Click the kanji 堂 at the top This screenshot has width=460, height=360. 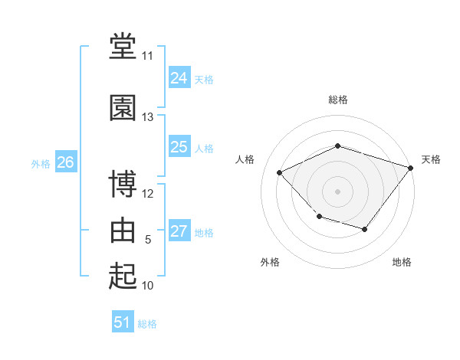tap(123, 46)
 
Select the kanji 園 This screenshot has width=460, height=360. tap(123, 107)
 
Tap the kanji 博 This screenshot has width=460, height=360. tap(123, 183)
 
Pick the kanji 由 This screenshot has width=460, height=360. tap(123, 230)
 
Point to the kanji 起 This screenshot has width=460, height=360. tap(123, 276)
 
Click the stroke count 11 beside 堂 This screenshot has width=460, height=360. tap(147, 56)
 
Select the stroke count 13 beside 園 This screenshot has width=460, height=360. tap(147, 117)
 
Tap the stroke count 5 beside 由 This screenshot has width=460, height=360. tap(148, 240)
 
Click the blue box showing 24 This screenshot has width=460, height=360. tap(179, 77)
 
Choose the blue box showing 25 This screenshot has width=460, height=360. tap(179, 146)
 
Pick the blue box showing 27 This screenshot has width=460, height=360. tap(179, 230)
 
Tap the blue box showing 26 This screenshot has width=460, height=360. tap(66, 162)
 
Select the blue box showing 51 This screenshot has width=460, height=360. tap(123, 321)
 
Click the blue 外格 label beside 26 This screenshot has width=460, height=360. tap(41, 164)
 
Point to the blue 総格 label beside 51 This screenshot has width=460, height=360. tap(147, 324)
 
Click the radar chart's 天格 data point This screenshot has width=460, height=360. tap(410, 168)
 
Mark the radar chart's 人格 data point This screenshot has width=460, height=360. tap(279, 172)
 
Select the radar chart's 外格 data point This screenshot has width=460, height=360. tap(320, 217)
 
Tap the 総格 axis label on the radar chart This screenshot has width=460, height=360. tap(338, 100)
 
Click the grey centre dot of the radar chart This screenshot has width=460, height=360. tap(337, 191)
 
